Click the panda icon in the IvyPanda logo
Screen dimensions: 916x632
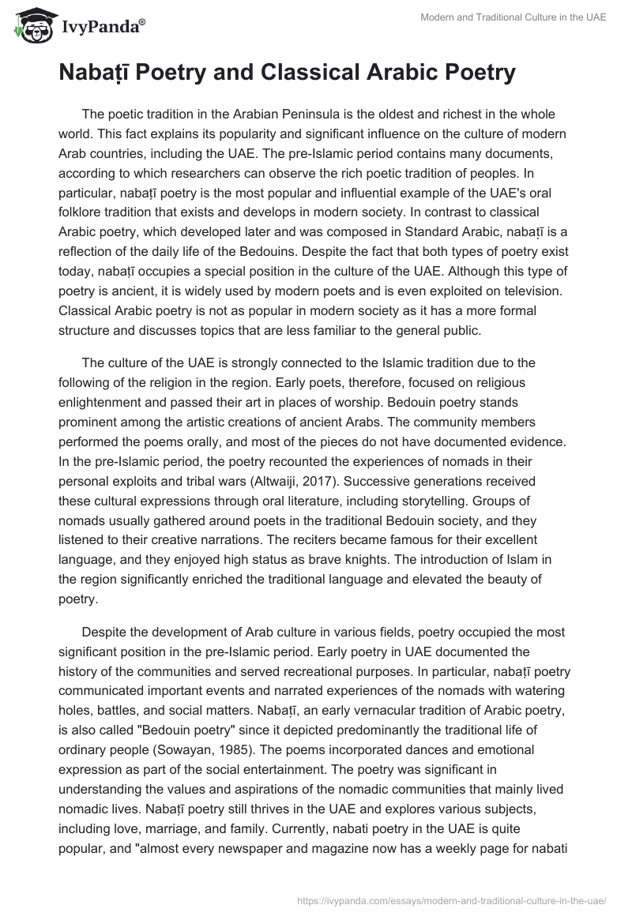(30, 26)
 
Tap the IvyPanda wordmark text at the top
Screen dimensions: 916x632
(99, 27)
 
